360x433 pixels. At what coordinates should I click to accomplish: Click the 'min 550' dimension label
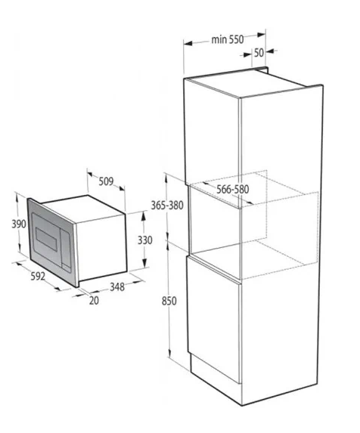228,39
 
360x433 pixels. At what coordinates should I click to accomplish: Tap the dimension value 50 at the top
259,53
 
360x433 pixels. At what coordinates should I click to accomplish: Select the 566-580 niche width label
232,190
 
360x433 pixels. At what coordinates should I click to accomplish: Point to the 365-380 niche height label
167,206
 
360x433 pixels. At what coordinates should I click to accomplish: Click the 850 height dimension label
169,301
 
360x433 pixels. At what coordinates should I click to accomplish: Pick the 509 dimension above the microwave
106,181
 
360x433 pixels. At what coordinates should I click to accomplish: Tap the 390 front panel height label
19,224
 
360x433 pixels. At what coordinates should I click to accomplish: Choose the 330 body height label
144,240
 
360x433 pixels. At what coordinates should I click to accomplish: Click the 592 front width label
38,276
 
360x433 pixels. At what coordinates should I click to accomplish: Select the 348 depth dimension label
117,287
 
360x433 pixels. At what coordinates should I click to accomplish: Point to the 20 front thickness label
94,301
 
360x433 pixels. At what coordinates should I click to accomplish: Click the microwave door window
46,239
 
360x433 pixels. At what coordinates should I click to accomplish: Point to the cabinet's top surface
253,82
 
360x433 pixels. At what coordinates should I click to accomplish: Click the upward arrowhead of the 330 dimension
144,216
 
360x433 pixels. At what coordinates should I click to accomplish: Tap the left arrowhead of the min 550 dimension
188,43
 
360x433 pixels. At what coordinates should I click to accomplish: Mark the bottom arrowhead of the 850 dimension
169,353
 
